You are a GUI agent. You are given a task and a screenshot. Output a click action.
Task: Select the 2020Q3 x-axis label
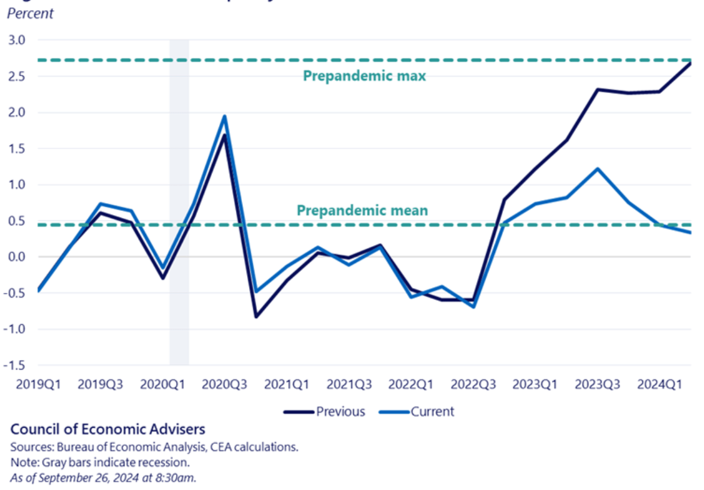click(223, 384)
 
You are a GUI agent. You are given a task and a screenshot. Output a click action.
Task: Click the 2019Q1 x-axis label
click(37, 384)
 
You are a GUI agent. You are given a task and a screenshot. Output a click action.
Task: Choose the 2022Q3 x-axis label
click(474, 384)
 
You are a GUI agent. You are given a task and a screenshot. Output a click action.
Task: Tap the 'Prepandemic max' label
click(364, 76)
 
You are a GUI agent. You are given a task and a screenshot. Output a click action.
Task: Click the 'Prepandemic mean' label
click(362, 210)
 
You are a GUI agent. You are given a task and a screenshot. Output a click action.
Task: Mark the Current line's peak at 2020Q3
click(224, 116)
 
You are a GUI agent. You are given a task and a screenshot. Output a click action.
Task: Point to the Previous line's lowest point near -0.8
click(256, 316)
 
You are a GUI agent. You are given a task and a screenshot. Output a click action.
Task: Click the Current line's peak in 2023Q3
click(597, 169)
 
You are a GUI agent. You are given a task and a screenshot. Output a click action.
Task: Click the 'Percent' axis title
click(30, 13)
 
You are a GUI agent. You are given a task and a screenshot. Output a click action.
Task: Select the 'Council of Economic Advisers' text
click(108, 429)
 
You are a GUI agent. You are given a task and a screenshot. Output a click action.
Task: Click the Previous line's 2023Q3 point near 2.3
click(597, 89)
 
